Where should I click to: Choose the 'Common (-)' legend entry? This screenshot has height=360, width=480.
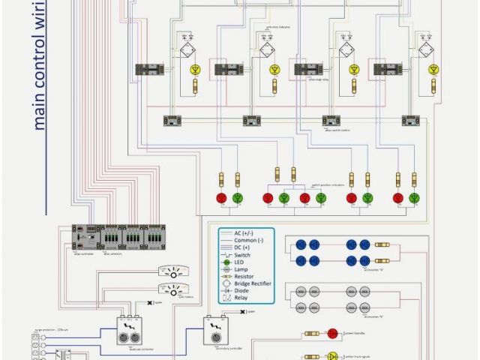coord(251,241)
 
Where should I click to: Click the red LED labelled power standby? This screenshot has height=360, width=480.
coord(332,334)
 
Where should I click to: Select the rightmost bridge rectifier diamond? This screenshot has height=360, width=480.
coord(425,51)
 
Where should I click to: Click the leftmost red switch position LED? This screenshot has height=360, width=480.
coord(221,198)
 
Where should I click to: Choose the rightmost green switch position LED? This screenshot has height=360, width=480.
coord(415,198)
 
